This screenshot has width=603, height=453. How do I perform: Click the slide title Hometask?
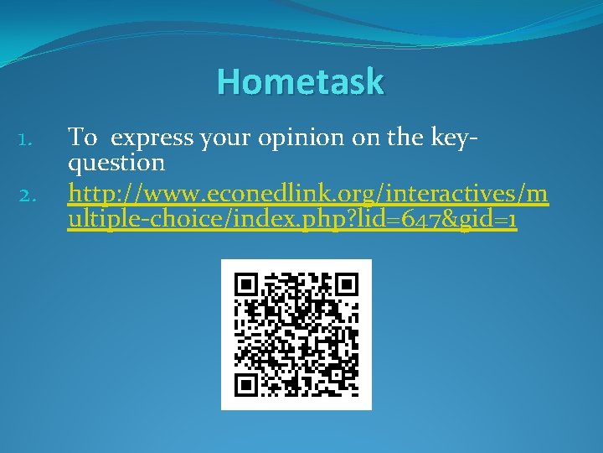301,82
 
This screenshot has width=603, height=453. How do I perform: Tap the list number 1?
25,138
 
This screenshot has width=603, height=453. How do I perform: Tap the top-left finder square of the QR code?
247,285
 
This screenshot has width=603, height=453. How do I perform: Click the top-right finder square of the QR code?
346,285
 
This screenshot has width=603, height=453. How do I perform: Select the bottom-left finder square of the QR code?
247,384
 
